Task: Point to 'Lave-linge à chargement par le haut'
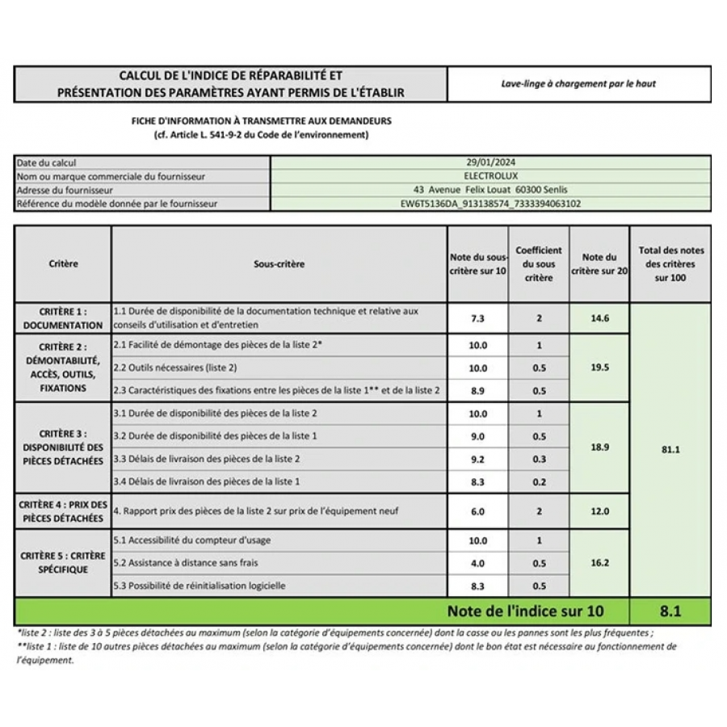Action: pyautogui.click(x=578, y=83)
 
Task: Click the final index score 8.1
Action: pyautogui.click(x=670, y=611)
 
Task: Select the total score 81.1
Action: pyautogui.click(x=670, y=449)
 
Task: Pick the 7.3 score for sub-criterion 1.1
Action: pyautogui.click(x=477, y=318)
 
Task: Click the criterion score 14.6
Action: pyautogui.click(x=599, y=318)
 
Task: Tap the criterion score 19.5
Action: pyautogui.click(x=599, y=367)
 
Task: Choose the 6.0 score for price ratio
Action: pyautogui.click(x=477, y=511)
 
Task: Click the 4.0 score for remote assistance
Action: pyautogui.click(x=477, y=563)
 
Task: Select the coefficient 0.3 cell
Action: pyautogui.click(x=539, y=459)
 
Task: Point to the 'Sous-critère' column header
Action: pyautogui.click(x=279, y=264)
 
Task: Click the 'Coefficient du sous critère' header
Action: pyautogui.click(x=539, y=264)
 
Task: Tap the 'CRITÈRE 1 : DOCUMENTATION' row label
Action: pyautogui.click(x=63, y=318)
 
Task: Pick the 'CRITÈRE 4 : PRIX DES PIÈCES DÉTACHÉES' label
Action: pyautogui.click(x=63, y=511)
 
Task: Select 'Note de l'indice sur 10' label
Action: pyautogui.click(x=525, y=611)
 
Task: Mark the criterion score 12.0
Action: pyautogui.click(x=599, y=511)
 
